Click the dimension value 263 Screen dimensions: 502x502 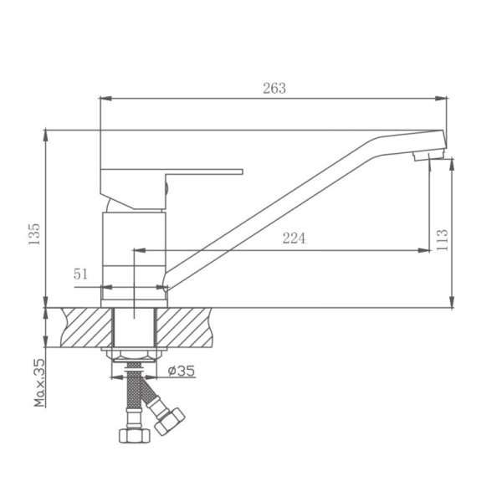pyautogui.click(x=273, y=88)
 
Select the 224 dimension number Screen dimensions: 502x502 pyautogui.click(x=293, y=238)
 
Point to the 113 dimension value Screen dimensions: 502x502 pyautogui.click(x=443, y=239)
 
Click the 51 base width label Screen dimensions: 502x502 pyautogui.click(x=81, y=273)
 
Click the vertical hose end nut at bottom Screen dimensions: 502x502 pyautogui.click(x=131, y=435)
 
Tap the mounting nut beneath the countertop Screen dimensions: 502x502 pyautogui.click(x=134, y=355)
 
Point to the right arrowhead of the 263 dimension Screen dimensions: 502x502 pyautogui.click(x=444, y=99)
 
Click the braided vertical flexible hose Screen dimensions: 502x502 pyautogui.click(x=131, y=397)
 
